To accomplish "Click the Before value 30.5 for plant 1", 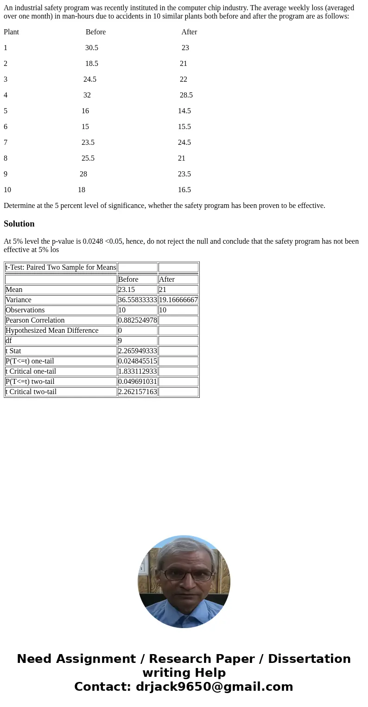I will pyautogui.click(x=91, y=48).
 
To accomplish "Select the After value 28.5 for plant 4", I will pyautogui.click(x=186, y=95).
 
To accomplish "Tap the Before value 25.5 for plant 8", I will pyautogui.click(x=88, y=158).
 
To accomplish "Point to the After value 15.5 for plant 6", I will pyautogui.click(x=184, y=127).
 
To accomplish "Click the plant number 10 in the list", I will pyautogui.click(x=7, y=190).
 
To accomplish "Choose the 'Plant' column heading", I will pyautogui.click(x=11, y=32).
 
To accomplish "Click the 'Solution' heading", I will pyautogui.click(x=19, y=224).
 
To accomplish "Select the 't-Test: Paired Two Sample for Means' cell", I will pyautogui.click(x=61, y=267).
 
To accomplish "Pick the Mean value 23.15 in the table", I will pyautogui.click(x=127, y=290).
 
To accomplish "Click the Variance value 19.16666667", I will pyautogui.click(x=178, y=300).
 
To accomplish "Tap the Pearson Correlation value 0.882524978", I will pyautogui.click(x=137, y=320).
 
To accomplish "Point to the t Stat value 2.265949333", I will pyautogui.click(x=137, y=351).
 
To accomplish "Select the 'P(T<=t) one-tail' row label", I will pyautogui.click(x=30, y=361).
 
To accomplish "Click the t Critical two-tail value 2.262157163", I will pyautogui.click(x=137, y=392).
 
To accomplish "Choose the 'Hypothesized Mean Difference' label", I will pyautogui.click(x=52, y=331).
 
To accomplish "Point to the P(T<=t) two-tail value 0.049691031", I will pyautogui.click(x=137, y=382).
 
